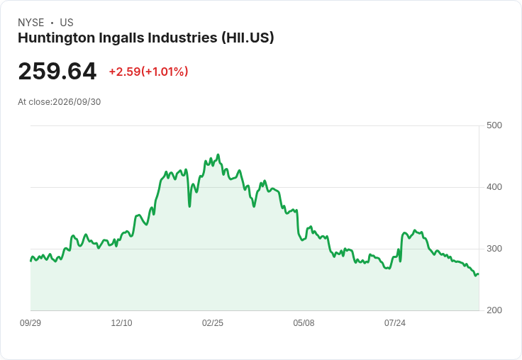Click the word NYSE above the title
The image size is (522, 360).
pyautogui.click(x=31, y=23)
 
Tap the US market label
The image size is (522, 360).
pyautogui.click(x=67, y=23)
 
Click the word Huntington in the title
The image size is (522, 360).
pyautogui.click(x=57, y=38)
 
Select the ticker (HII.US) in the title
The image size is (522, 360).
pyautogui.click(x=248, y=38)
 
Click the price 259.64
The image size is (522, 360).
pyautogui.click(x=57, y=72)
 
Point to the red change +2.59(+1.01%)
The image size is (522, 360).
pyautogui.click(x=148, y=72)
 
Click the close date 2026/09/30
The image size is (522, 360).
pyautogui.click(x=77, y=102)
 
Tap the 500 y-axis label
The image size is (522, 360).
pyautogui.click(x=494, y=125)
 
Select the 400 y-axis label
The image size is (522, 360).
pyautogui.click(x=494, y=187)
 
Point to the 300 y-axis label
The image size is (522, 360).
pyautogui.click(x=494, y=249)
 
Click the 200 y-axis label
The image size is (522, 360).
pyautogui.click(x=494, y=310)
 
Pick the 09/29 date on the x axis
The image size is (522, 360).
pyautogui.click(x=30, y=323)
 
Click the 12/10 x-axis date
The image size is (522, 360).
pyautogui.click(x=121, y=323)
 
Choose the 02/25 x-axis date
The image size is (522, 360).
pyautogui.click(x=213, y=323)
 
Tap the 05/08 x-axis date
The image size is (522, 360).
pyautogui.click(x=304, y=323)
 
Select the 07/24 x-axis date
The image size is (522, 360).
pyautogui.click(x=395, y=323)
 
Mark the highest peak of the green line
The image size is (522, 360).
pyautogui.click(x=218, y=154)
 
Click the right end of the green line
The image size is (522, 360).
pyautogui.click(x=479, y=274)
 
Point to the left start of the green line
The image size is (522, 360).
pyautogui.click(x=31, y=261)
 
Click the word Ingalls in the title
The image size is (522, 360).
pyautogui.click(x=121, y=38)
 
